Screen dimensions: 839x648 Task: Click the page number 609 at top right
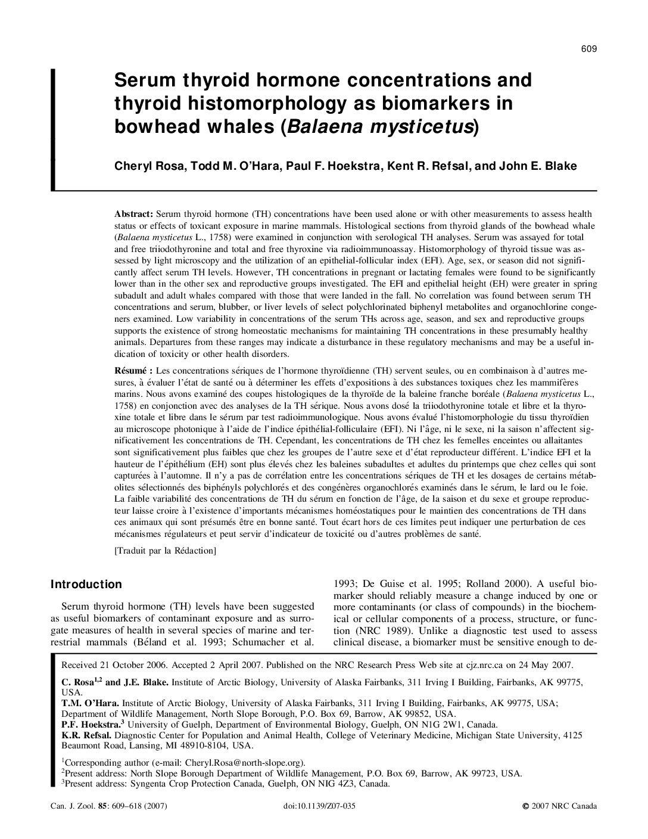[588, 49]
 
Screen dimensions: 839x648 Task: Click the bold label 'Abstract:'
[134, 213]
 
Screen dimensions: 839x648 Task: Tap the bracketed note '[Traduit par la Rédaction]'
[165, 551]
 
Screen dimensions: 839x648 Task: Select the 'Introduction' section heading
[86, 585]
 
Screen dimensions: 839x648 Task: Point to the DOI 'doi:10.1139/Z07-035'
[321, 806]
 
